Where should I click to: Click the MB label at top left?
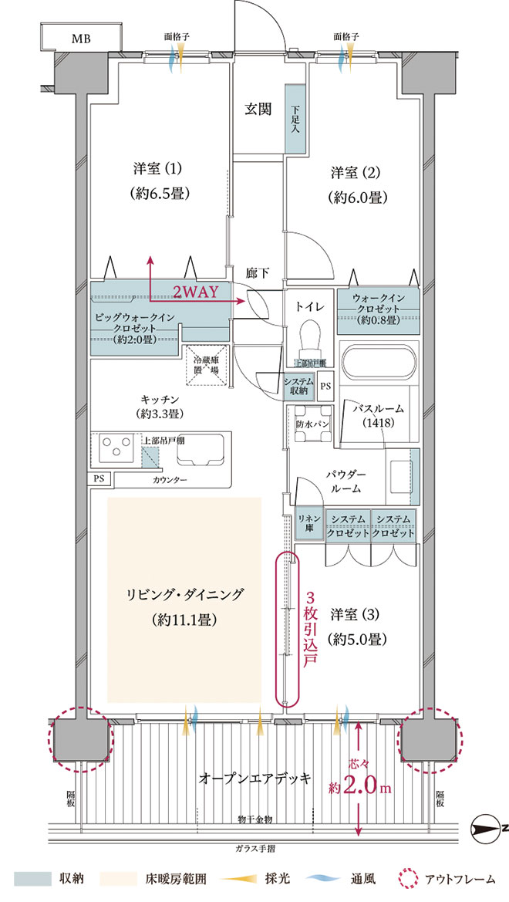point(80,38)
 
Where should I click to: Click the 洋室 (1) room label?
point(151,168)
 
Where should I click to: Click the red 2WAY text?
point(195,292)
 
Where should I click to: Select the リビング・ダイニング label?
point(185,594)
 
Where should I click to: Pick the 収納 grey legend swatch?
point(32,879)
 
